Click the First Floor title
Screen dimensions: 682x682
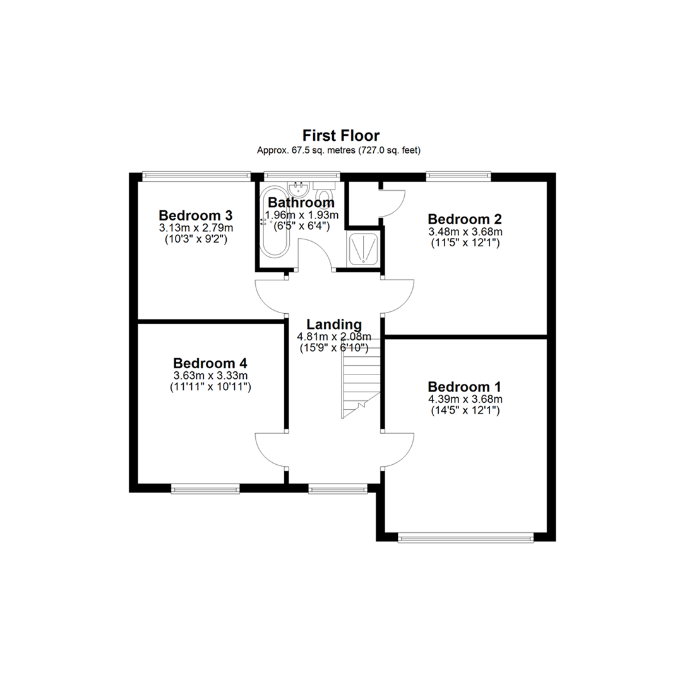point(340,136)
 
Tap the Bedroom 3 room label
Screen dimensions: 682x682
point(196,215)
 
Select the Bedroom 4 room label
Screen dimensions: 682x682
point(210,362)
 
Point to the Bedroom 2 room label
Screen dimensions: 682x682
point(465,218)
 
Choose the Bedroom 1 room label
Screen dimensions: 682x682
point(465,386)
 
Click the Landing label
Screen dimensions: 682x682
point(334,325)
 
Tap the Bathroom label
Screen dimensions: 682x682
point(301,202)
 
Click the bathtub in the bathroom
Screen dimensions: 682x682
point(275,222)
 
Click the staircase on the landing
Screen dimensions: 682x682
point(361,378)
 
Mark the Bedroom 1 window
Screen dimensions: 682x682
point(465,539)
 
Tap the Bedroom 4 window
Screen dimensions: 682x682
point(205,490)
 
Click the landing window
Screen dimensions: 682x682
point(337,490)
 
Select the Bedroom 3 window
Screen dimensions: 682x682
point(196,176)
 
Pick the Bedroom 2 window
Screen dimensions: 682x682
point(458,176)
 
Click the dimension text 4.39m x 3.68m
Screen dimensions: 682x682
point(465,399)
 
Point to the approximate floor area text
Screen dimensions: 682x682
point(338,150)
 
